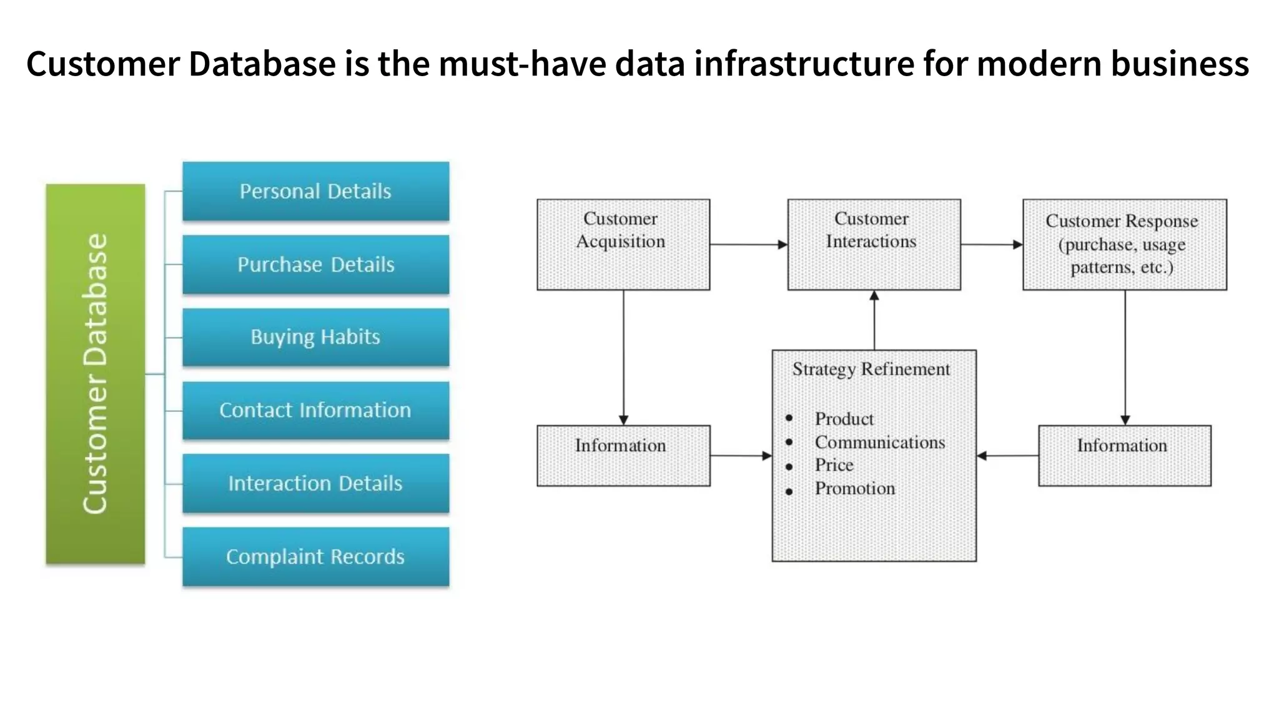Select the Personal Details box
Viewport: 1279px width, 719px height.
[315, 191]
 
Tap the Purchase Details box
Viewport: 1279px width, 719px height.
[315, 264]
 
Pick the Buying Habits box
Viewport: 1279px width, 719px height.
[315, 337]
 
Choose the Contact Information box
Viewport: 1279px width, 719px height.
[315, 410]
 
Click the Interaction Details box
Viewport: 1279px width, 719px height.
[315, 483]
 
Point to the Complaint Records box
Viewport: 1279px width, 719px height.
[315, 556]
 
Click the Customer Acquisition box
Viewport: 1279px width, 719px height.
[623, 244]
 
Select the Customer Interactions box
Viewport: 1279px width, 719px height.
[874, 244]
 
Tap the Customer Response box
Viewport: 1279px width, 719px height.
[1124, 244]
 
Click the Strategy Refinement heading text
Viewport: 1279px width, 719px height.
[871, 369]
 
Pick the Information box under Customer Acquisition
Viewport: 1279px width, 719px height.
[623, 455]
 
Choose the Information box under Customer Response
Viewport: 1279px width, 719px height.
[1124, 455]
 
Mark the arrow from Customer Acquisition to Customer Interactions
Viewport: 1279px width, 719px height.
[748, 245]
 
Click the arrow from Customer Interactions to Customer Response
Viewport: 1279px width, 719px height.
[991, 245]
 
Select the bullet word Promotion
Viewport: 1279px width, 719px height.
[854, 489]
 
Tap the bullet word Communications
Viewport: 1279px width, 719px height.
[879, 443]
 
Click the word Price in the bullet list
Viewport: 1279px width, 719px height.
[834, 466]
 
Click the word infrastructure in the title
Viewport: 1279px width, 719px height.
[804, 64]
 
